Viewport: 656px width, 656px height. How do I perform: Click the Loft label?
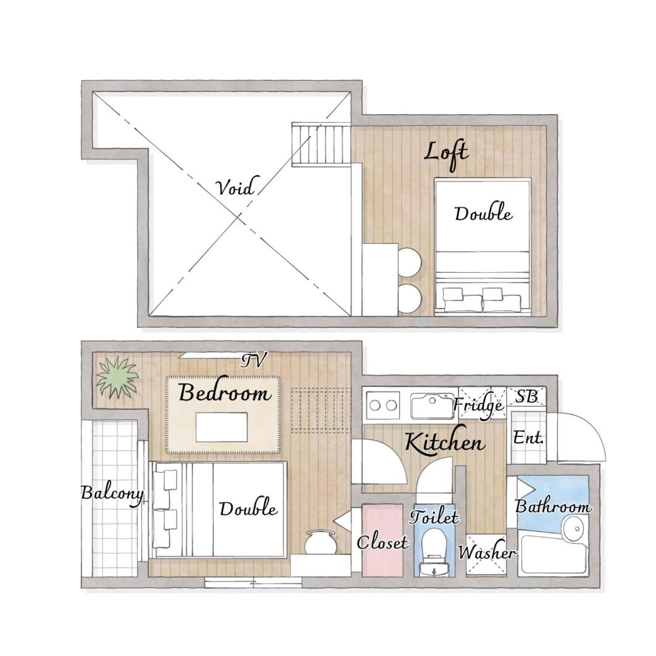coord(446,156)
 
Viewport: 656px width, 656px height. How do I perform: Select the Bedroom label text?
coord(225,393)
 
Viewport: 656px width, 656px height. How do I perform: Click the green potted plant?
coord(117,377)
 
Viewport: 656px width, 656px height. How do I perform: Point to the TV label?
coord(254,360)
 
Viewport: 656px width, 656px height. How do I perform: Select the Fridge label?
coord(479,405)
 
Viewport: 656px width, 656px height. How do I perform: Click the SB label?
coord(526,396)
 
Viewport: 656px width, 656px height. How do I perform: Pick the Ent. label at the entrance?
coord(528,438)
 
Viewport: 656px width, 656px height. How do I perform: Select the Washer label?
coord(487,552)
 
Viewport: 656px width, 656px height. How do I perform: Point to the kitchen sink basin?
coord(432,405)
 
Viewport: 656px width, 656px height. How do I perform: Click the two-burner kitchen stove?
coord(383,405)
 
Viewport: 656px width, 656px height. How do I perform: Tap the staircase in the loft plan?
coord(321,144)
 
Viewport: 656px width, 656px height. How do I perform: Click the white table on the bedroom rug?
coord(222,426)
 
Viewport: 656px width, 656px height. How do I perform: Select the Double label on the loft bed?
coord(483,214)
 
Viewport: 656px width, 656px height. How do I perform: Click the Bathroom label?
coord(553,506)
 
